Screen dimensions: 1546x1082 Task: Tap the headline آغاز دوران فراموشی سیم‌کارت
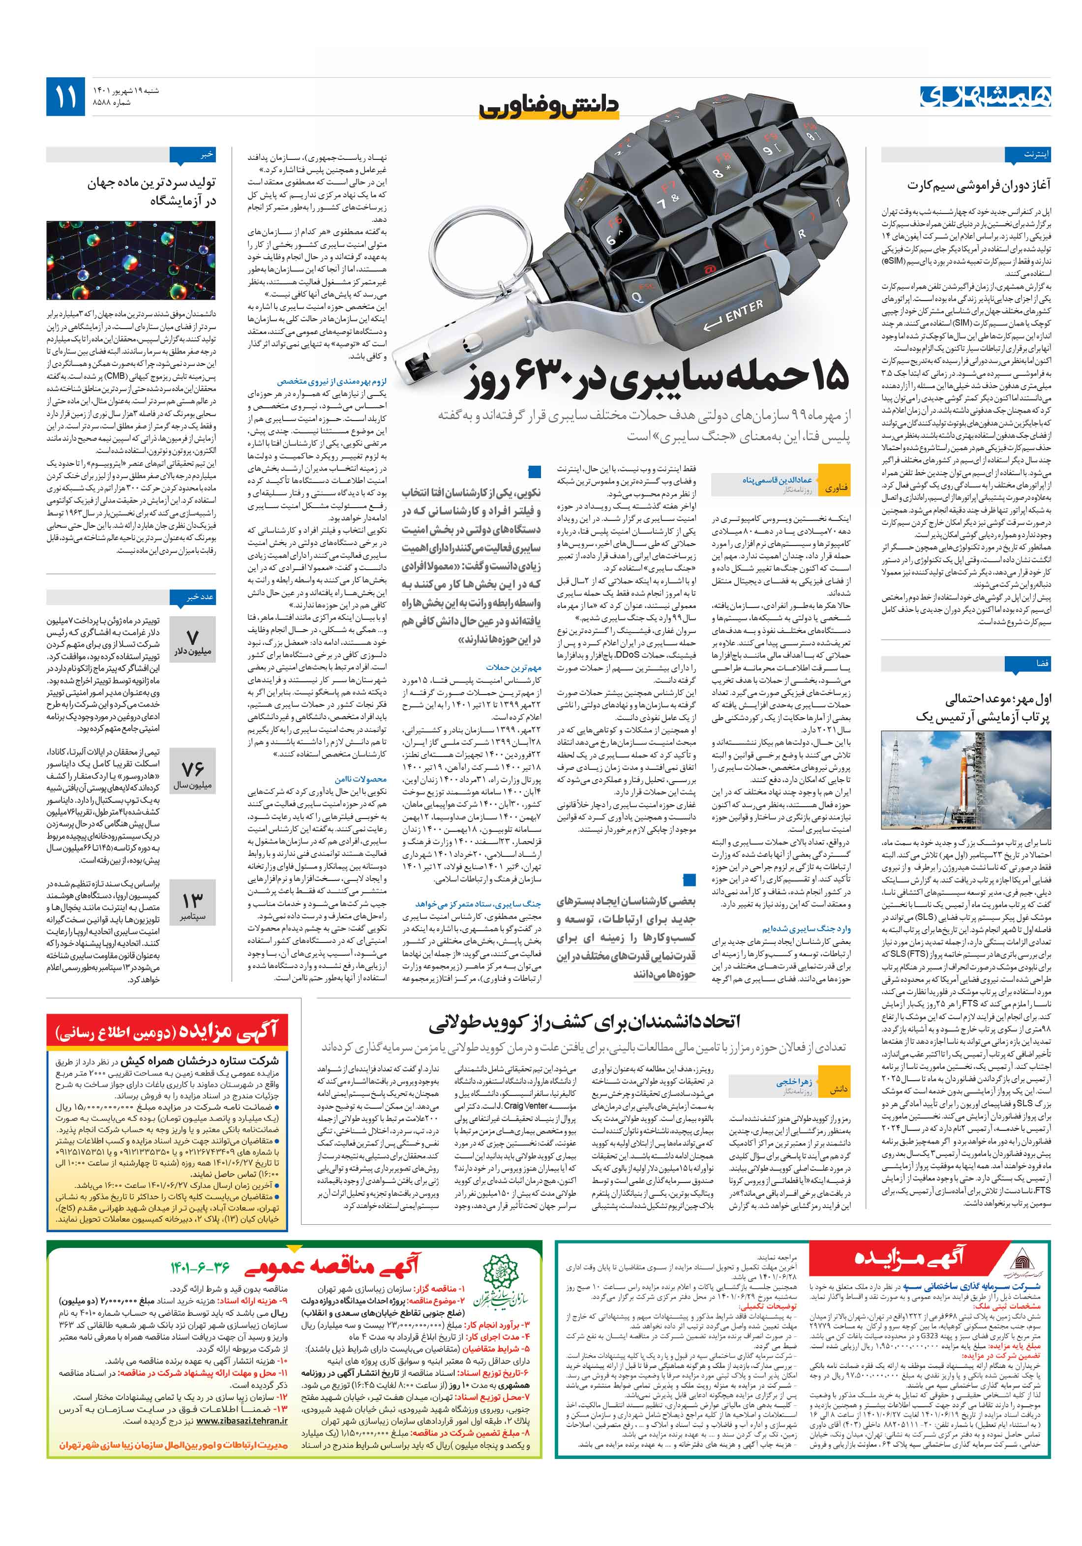[x=978, y=184]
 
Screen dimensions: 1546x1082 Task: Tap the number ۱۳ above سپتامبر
[x=193, y=900]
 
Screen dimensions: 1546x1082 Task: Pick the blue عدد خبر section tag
[x=197, y=597]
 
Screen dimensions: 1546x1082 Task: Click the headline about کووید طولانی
[x=584, y=1022]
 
